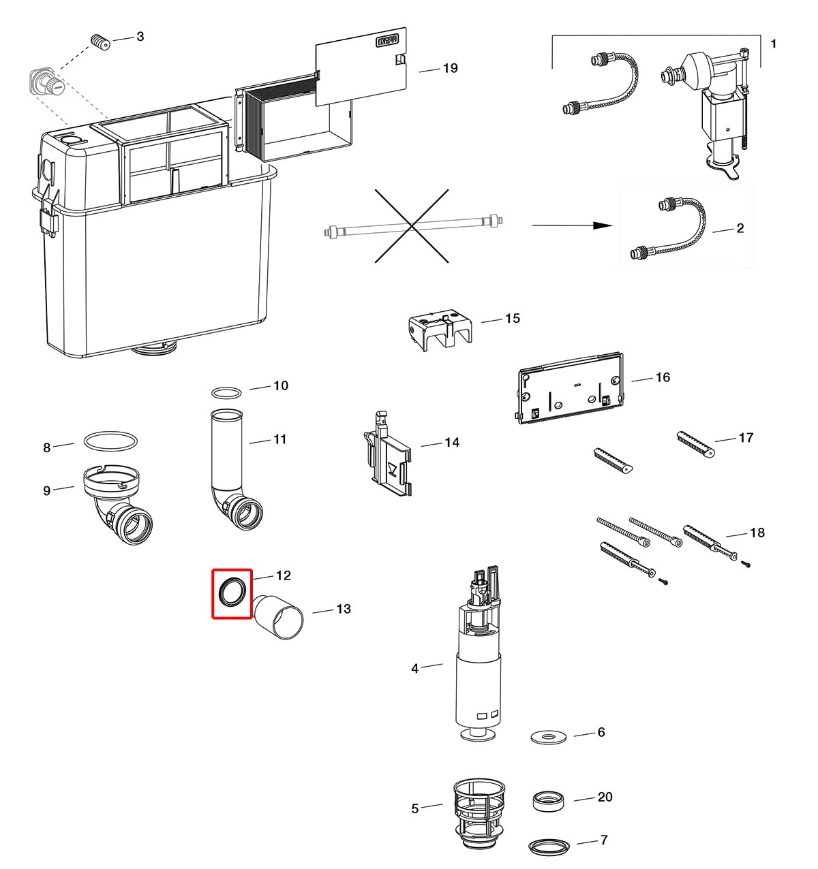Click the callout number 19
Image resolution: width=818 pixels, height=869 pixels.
coord(450,68)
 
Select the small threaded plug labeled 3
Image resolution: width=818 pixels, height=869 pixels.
coord(101,42)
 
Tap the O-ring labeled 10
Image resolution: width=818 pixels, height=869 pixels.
coord(226,392)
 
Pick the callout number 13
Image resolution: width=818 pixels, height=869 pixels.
coord(344,609)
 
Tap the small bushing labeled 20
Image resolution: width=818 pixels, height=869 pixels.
coord(547,801)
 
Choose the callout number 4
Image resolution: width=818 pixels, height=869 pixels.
coord(414,668)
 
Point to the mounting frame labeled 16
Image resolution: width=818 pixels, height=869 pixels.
coord(570,388)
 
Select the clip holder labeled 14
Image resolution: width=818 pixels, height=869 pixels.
coord(388,455)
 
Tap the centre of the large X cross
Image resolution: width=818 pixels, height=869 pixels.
coord(412,226)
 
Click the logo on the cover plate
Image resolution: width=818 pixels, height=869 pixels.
coord(387,41)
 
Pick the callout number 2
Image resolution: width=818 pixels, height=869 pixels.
coord(740,228)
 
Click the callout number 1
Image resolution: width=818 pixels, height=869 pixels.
coord(773,44)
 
